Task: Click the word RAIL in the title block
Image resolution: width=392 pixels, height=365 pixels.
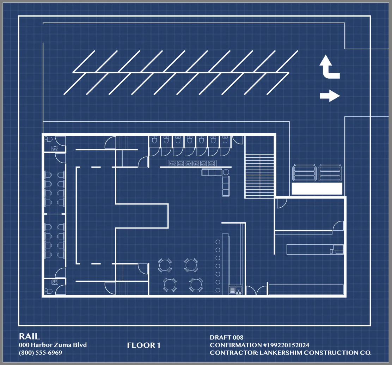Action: [29, 336]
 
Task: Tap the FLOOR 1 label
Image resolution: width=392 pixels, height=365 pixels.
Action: [143, 345]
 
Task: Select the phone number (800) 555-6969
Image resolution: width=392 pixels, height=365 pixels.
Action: [41, 353]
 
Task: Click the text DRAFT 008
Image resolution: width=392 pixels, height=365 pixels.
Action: [227, 337]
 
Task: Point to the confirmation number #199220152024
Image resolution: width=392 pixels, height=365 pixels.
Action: [286, 345]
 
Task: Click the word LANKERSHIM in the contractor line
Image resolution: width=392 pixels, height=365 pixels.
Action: [281, 353]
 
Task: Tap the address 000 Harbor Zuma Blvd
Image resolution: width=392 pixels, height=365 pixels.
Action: [53, 345]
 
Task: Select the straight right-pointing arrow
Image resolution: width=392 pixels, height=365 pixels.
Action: [330, 96]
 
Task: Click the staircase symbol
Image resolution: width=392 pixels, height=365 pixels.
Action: [260, 176]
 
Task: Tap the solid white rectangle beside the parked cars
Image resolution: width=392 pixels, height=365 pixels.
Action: [317, 188]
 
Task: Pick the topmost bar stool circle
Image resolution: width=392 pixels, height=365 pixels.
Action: [218, 242]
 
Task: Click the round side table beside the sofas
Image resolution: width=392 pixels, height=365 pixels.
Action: [226, 172]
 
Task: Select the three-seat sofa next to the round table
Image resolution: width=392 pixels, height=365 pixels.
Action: [212, 172]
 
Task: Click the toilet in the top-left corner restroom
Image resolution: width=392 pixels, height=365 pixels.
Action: [48, 139]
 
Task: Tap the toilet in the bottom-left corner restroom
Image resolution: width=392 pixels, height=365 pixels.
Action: [48, 291]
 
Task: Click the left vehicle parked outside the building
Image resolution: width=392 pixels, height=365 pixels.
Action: [304, 172]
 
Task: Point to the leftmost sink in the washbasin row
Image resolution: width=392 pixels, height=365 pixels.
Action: [172, 163]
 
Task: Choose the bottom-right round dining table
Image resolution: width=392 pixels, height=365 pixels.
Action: [196, 285]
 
